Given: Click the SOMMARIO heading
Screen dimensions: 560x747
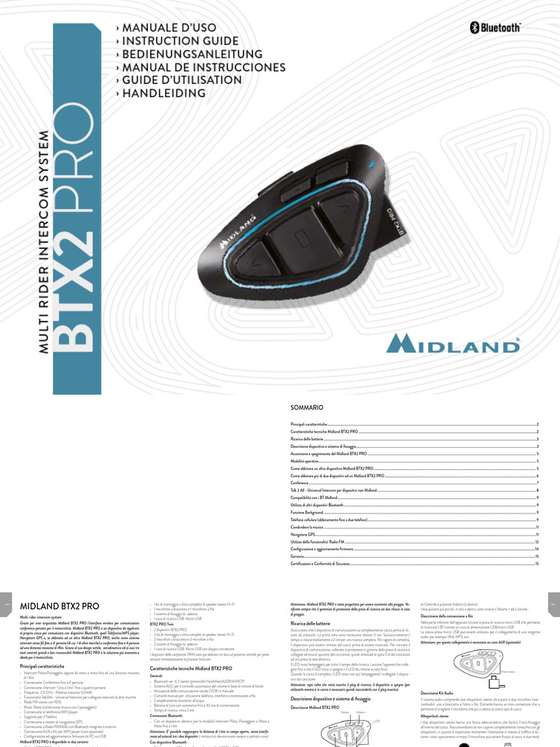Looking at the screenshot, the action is (306, 406).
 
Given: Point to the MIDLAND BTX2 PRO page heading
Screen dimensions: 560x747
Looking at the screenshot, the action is (60, 605).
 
